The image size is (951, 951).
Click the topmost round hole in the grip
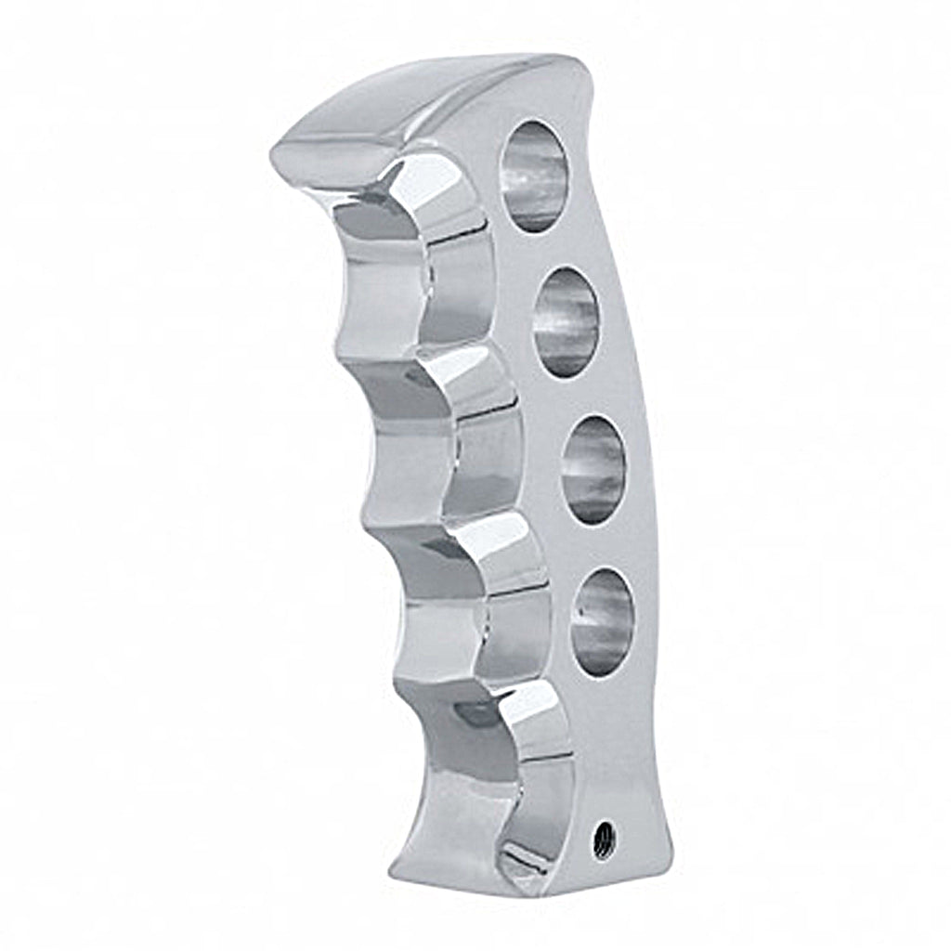coord(534,176)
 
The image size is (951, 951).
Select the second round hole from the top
coord(567,321)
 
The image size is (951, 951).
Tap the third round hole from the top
coord(593,469)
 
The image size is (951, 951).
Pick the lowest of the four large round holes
coord(602,621)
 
